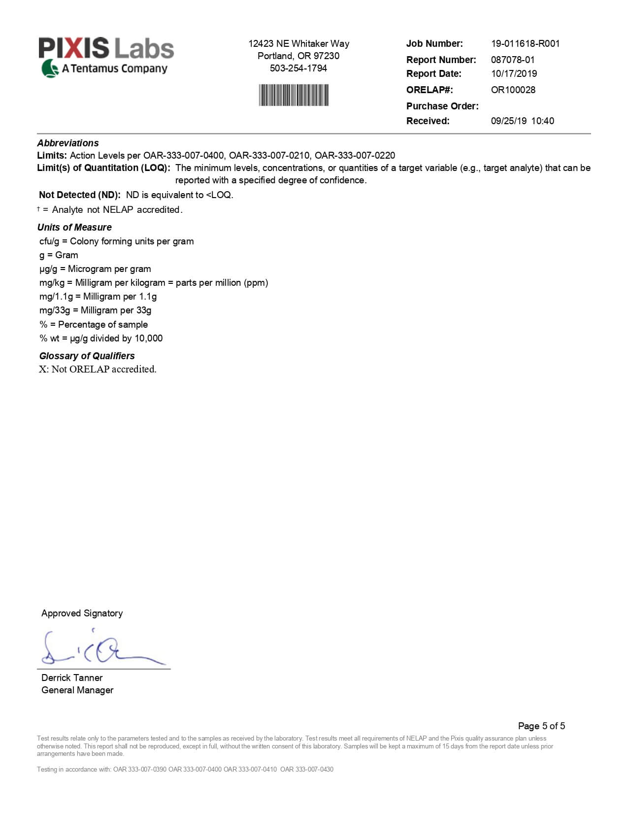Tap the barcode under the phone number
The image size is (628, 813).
[x=294, y=95]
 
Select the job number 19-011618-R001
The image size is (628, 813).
[x=525, y=43]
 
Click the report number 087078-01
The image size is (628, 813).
[x=512, y=60]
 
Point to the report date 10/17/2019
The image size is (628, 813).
[x=514, y=73]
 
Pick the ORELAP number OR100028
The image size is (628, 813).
[x=513, y=90]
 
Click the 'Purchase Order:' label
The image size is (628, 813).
[x=442, y=106]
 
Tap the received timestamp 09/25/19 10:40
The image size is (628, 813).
[x=522, y=121]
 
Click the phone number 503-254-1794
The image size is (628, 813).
[x=298, y=68]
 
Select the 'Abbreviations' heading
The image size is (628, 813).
[x=68, y=143]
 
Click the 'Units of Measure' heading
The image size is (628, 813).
[x=74, y=227]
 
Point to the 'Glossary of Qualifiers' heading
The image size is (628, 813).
[x=87, y=356]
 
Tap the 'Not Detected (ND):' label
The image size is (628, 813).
[x=80, y=195]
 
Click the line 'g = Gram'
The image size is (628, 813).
[x=59, y=255]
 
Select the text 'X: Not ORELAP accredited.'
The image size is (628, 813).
[x=98, y=369]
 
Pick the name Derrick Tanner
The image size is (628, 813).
[x=72, y=677]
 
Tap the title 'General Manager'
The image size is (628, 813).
[x=77, y=690]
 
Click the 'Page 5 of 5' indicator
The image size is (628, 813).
[x=541, y=726]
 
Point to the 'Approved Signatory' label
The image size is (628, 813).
[x=82, y=613]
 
